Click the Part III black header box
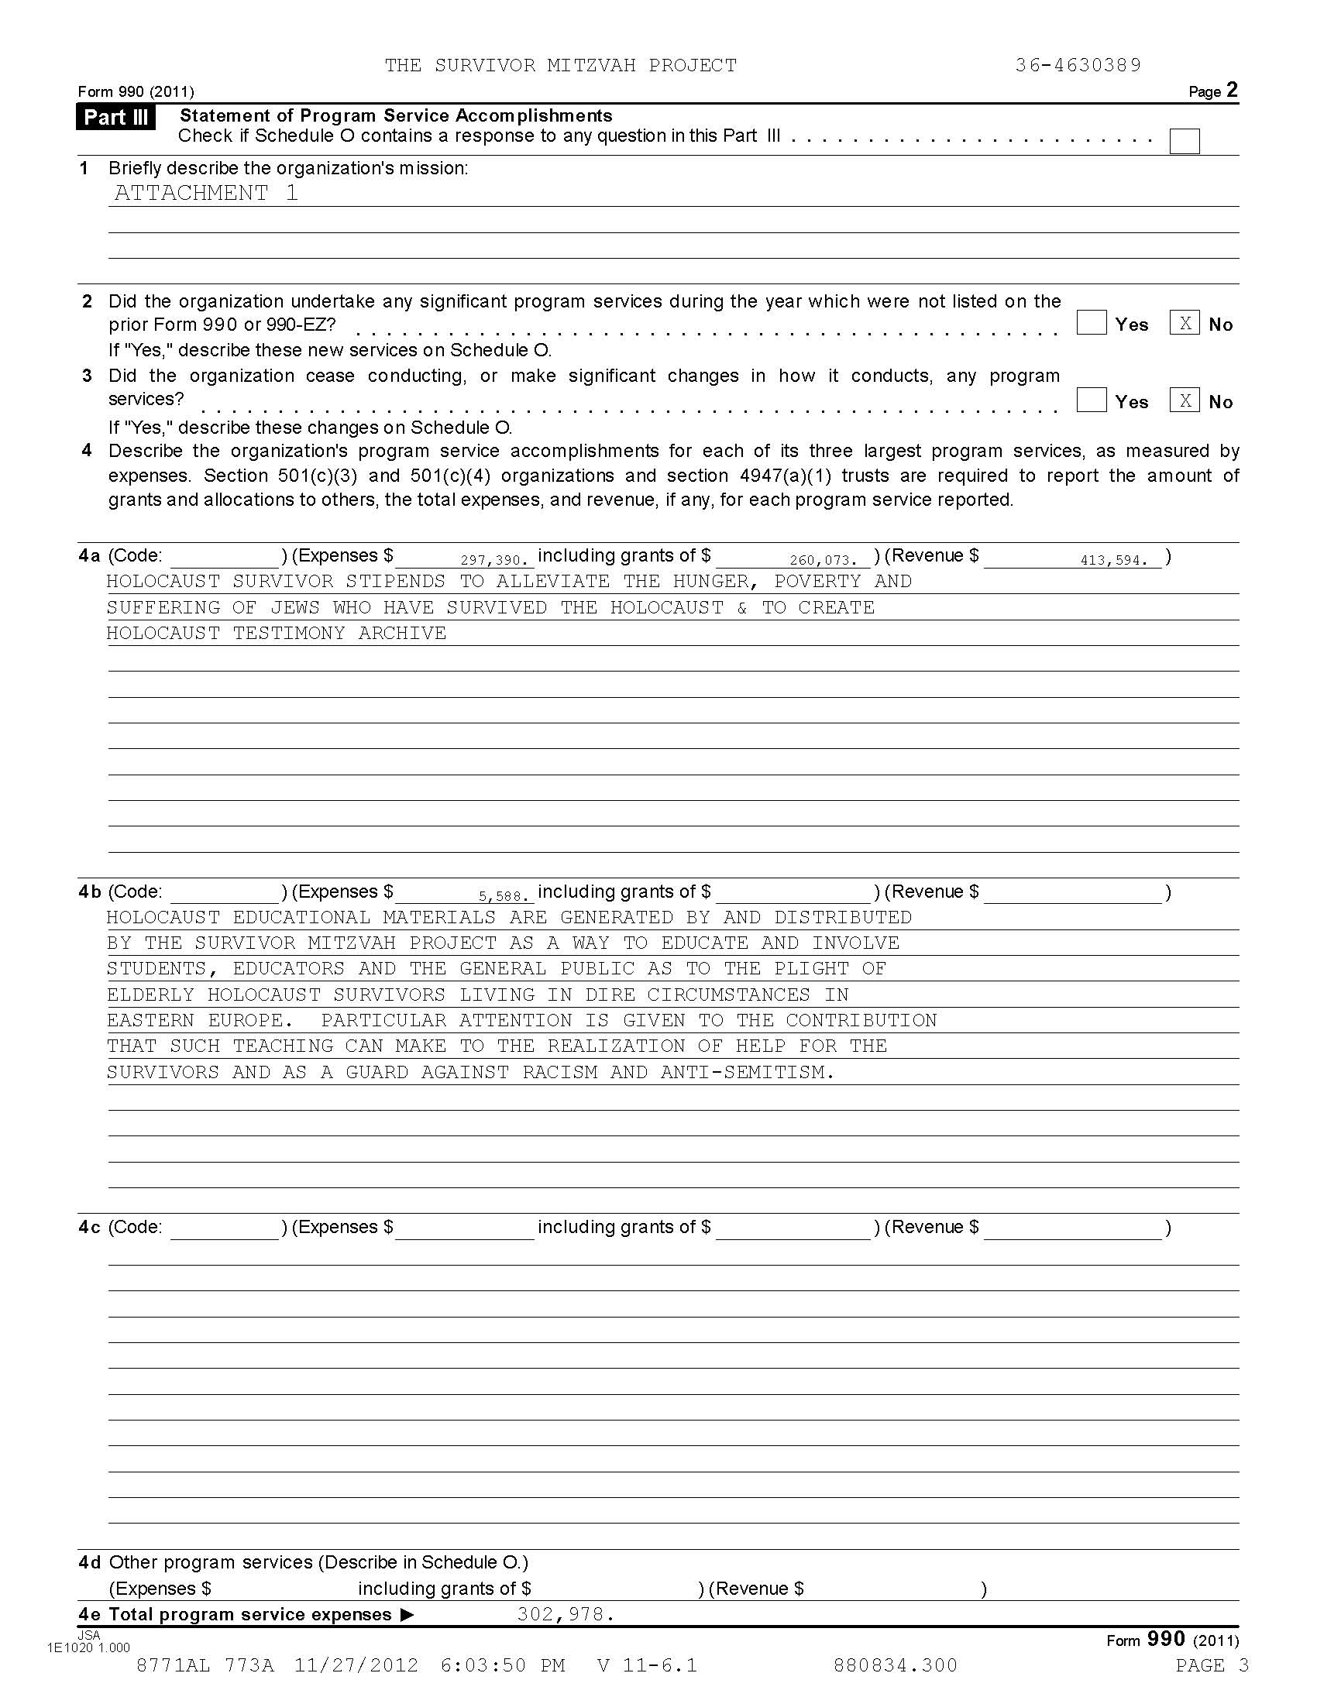click(x=115, y=117)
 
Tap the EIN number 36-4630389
click(x=1078, y=66)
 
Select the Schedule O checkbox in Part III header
click(x=1184, y=141)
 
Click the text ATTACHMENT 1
click(x=206, y=193)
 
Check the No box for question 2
click(x=1184, y=323)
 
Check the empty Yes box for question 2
click(x=1091, y=323)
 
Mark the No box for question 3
click(x=1184, y=400)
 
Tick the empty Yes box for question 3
click(x=1091, y=400)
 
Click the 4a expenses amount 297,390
click(x=494, y=560)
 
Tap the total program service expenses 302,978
click(x=566, y=1614)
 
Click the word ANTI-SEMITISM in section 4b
click(x=747, y=1072)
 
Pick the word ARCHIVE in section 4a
click(x=402, y=633)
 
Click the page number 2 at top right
click(x=1232, y=90)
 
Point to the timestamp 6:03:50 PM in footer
click(x=503, y=1666)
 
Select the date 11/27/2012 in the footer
click(x=356, y=1666)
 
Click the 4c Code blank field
click(x=225, y=1228)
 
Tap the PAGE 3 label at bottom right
click(x=1212, y=1666)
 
